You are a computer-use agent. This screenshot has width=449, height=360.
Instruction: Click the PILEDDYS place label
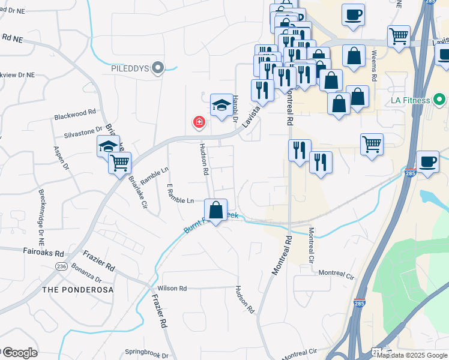click(130, 68)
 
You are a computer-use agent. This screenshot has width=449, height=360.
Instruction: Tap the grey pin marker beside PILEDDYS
click(158, 68)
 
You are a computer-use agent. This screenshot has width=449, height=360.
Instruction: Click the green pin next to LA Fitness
click(440, 98)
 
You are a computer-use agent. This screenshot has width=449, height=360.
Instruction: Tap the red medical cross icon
click(198, 123)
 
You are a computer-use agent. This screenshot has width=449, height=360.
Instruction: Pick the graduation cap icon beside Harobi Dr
click(221, 106)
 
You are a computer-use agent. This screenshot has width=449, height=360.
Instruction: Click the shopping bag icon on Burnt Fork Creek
click(215, 211)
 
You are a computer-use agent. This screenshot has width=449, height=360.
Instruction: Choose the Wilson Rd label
click(172, 288)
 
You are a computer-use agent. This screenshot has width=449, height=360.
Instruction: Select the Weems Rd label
click(373, 66)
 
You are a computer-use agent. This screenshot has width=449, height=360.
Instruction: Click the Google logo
click(19, 353)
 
